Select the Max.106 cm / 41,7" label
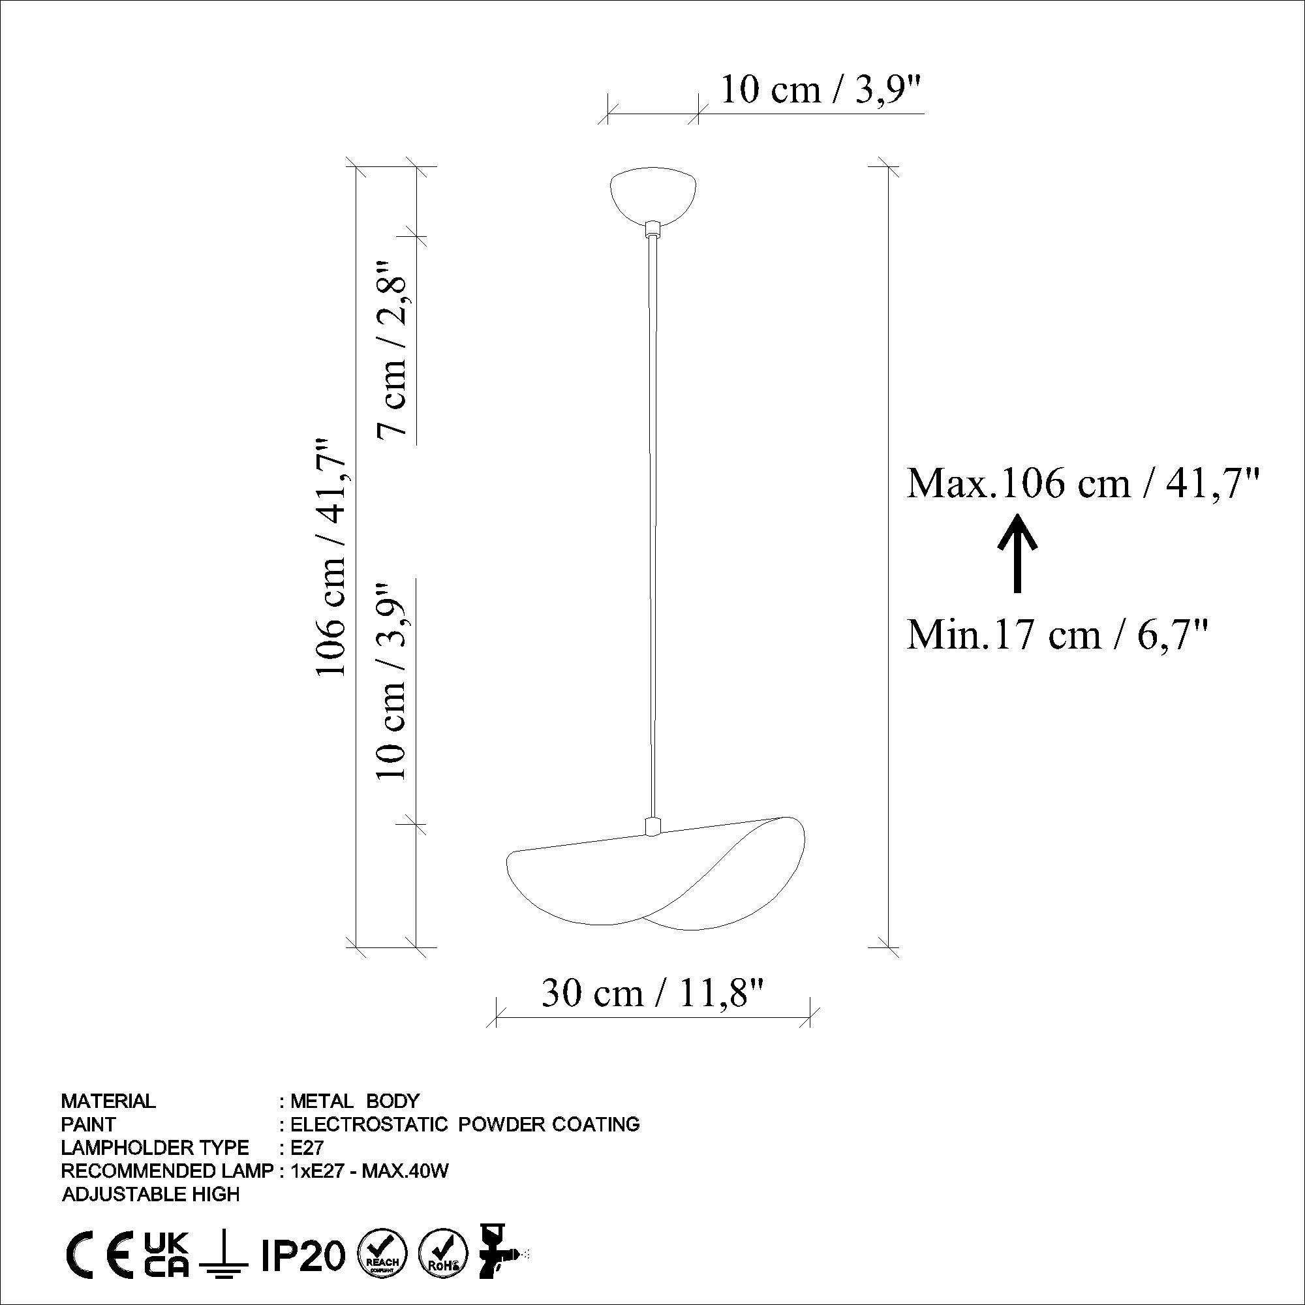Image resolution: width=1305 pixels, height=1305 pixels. click(1082, 484)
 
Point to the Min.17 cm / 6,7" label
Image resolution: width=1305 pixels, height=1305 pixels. click(1056, 635)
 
